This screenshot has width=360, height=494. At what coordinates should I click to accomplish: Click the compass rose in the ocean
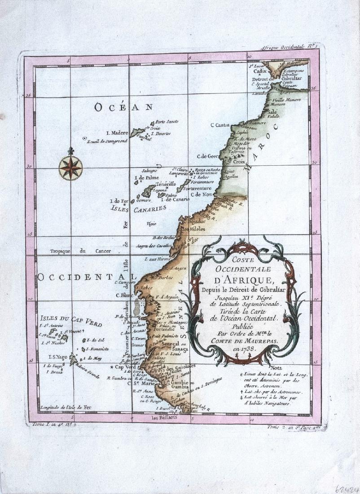(70, 168)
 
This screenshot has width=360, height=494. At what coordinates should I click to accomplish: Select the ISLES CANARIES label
(138, 208)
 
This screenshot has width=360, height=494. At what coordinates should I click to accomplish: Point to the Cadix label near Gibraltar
(260, 71)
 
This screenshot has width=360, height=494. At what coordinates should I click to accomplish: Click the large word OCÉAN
(123, 107)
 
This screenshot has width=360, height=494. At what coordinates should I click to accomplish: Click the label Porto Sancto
(167, 122)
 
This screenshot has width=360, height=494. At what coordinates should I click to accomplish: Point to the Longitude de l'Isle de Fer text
(67, 407)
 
